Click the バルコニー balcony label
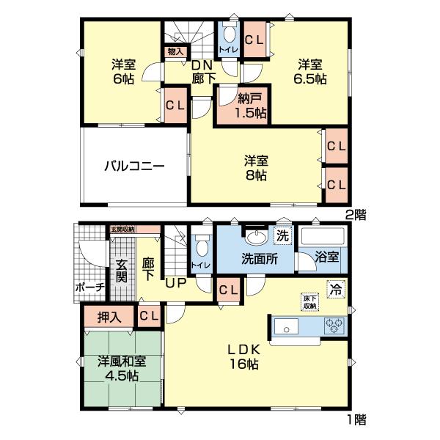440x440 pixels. [x=133, y=166]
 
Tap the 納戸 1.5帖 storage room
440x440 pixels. [x=241, y=106]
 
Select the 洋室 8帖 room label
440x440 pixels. [x=256, y=168]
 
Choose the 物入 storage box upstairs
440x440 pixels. [x=175, y=52]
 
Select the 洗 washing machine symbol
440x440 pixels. [x=282, y=236]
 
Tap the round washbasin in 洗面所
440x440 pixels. [x=256, y=237]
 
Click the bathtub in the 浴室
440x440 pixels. [x=323, y=238]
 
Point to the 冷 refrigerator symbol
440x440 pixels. [x=334, y=288]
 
